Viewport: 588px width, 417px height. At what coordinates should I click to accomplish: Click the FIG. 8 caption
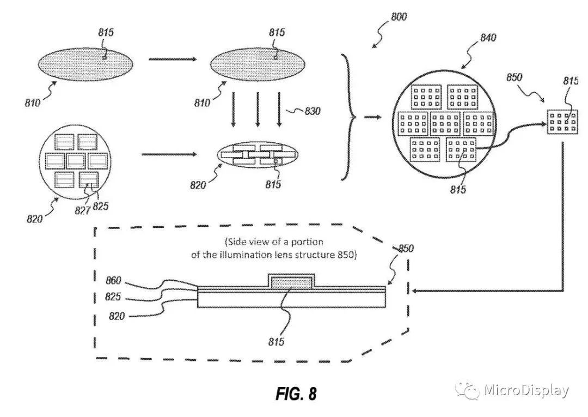click(x=296, y=394)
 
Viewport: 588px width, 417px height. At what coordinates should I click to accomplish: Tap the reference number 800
click(x=398, y=17)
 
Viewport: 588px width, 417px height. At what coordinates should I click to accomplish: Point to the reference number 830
click(x=313, y=111)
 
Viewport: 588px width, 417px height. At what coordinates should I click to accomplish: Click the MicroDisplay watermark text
click(x=526, y=390)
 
